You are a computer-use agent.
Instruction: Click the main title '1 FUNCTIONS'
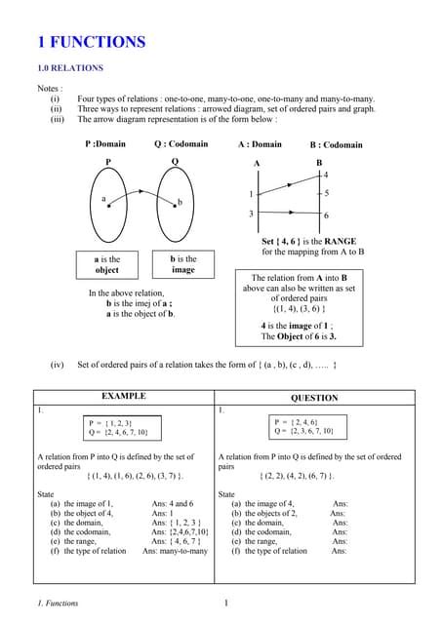[91, 42]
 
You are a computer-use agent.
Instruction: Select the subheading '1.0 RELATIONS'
[70, 69]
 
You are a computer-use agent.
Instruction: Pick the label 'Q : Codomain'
[181, 144]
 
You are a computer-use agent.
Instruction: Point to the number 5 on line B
[326, 193]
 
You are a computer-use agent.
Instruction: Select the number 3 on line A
[251, 214]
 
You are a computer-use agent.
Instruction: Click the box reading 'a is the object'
[107, 265]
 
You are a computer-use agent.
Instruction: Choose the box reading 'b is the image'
[183, 265]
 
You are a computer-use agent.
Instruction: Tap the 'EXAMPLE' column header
[124, 397]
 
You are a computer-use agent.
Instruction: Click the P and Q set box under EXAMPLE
[123, 427]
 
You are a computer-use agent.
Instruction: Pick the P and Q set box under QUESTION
[304, 426]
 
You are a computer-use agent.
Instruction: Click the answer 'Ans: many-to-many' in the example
[175, 551]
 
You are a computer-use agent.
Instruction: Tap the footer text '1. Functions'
[57, 604]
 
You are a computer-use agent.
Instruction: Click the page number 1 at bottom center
[225, 604]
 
